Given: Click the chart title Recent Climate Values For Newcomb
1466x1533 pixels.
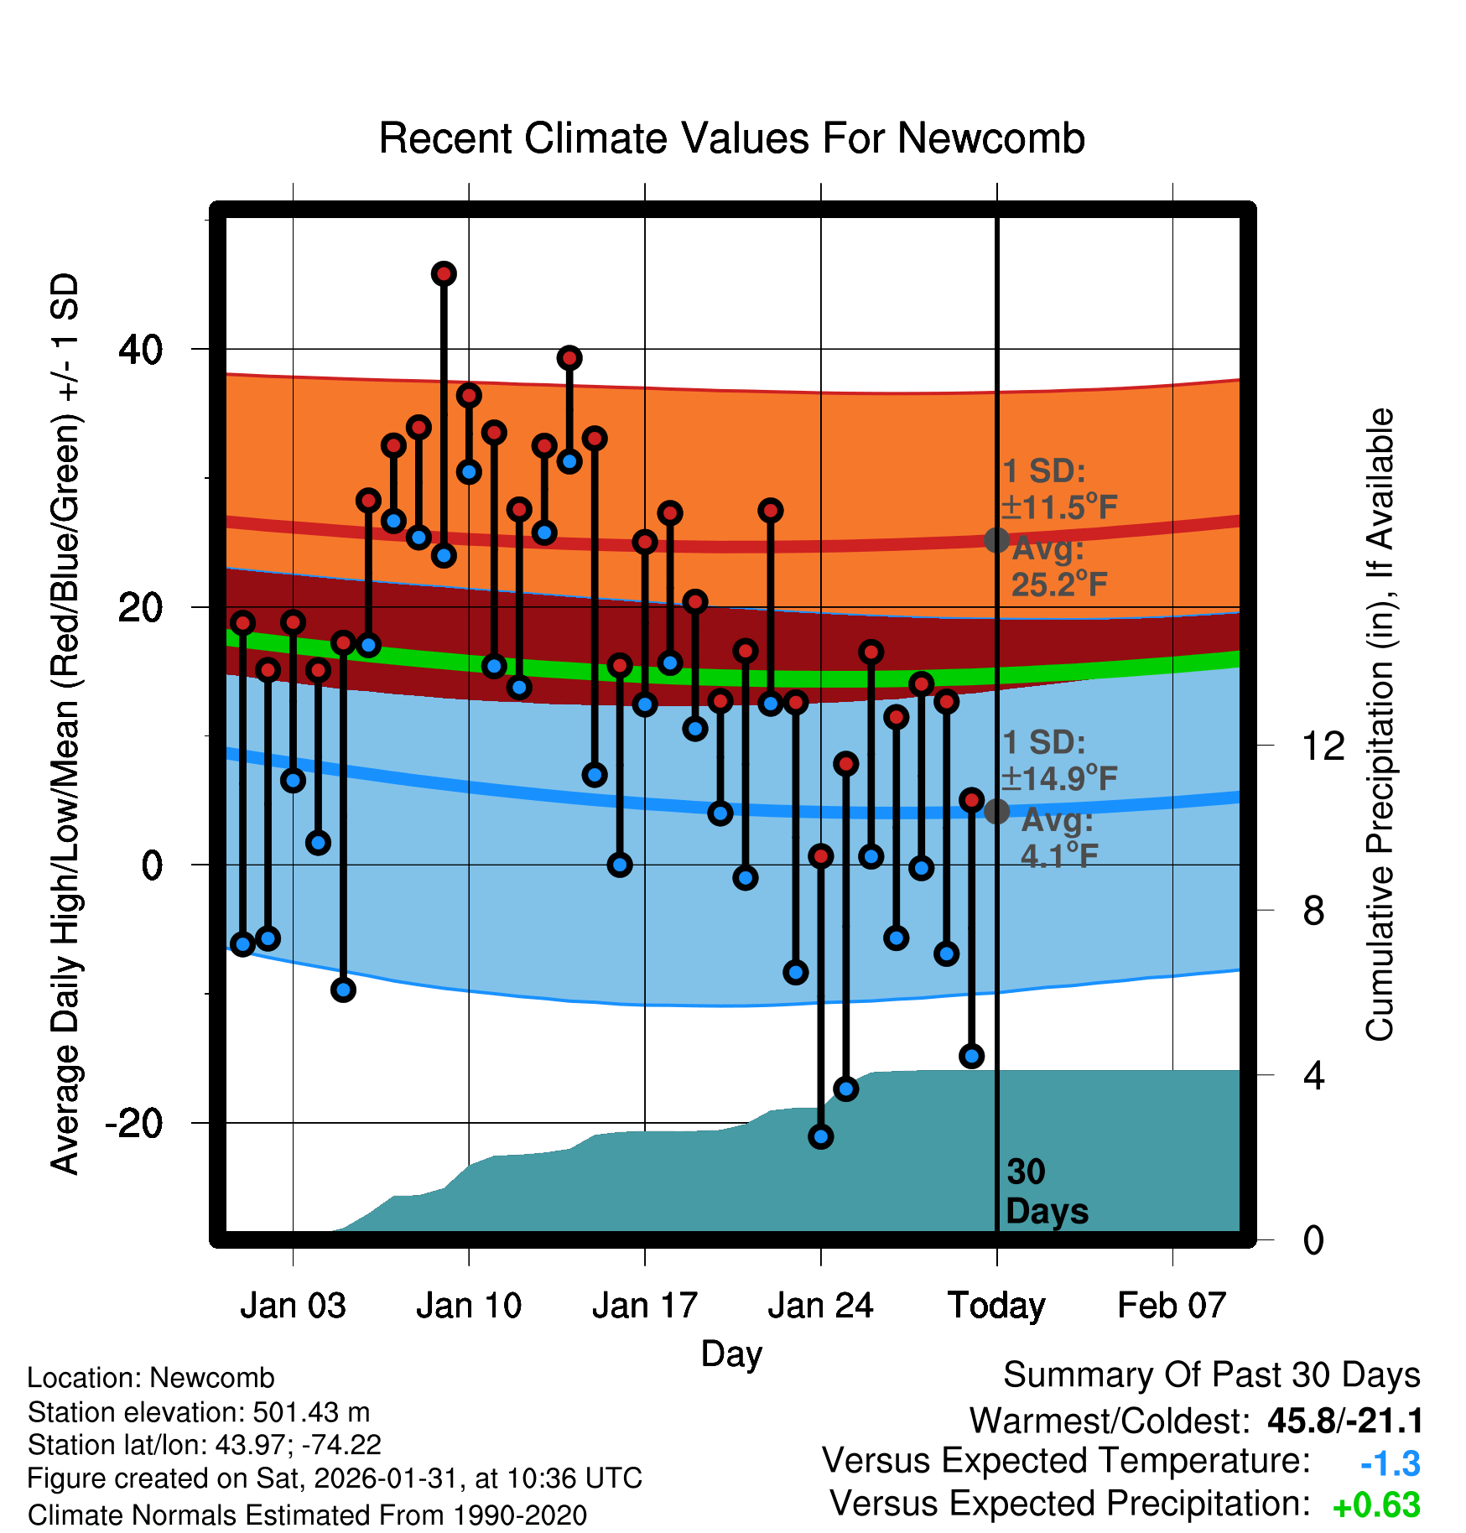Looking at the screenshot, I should (731, 138).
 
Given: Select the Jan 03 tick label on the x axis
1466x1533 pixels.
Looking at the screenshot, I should (293, 1306).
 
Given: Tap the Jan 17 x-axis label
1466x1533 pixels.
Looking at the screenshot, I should (644, 1306).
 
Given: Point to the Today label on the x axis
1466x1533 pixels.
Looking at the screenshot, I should (996, 1306).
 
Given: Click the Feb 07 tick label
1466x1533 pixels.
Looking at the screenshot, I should (1172, 1306).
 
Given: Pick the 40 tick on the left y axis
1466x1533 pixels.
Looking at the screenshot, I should (141, 349).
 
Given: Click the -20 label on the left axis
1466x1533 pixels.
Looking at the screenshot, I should (134, 1123).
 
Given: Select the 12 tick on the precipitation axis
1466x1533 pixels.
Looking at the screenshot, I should (1323, 746).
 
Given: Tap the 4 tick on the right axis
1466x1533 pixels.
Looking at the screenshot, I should (1313, 1075).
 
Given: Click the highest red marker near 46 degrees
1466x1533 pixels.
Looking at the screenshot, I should (444, 273).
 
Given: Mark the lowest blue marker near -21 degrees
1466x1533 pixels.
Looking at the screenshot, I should (821, 1136).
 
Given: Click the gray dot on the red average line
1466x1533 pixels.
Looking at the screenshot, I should (996, 540).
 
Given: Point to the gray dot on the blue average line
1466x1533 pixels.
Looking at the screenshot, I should (996, 811).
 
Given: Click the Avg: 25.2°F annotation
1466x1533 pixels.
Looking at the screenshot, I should (1058, 567).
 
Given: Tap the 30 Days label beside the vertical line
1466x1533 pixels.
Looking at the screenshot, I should (1046, 1192).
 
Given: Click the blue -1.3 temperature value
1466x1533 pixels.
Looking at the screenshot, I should (1390, 1463).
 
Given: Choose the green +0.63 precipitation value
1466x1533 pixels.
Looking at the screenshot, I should (1376, 1505).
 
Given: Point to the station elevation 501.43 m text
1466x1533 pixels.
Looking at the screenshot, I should (199, 1412).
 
